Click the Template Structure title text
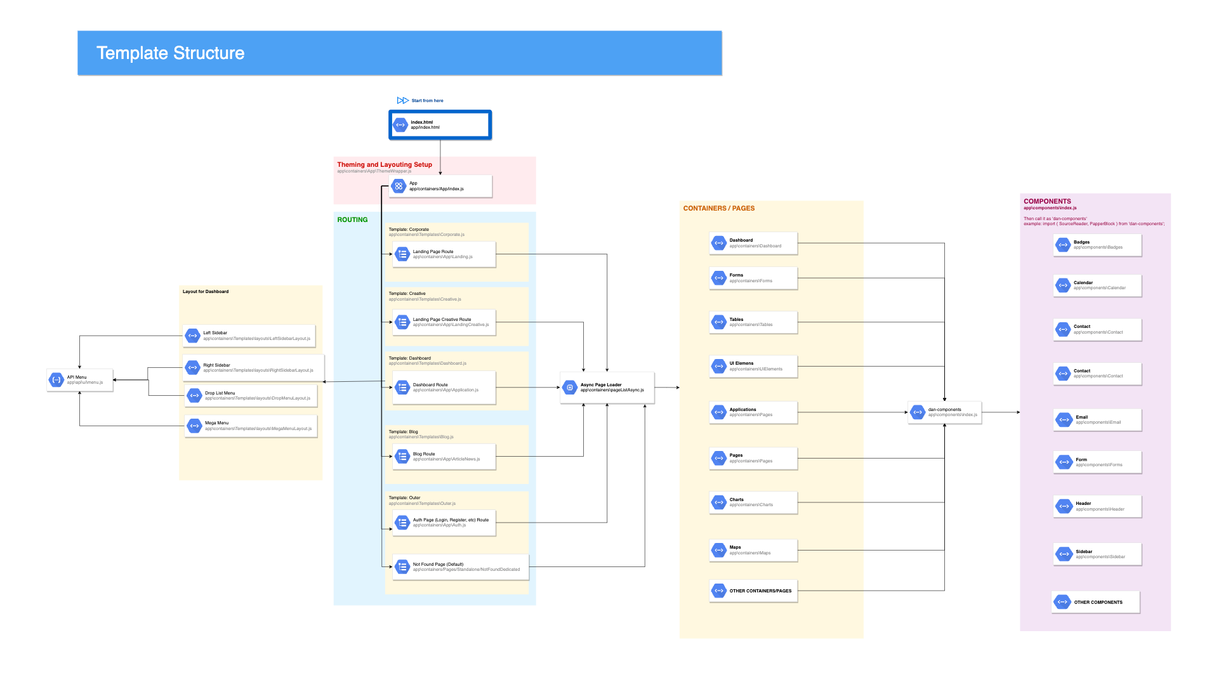pos(170,53)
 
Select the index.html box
pos(440,125)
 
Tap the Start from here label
pos(427,101)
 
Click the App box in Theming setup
pos(440,186)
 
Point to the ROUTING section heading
pos(352,220)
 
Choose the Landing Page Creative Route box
pos(444,322)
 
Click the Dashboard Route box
pos(444,388)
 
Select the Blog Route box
pos(444,457)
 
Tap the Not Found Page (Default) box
pos(460,567)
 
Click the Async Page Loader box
pos(607,388)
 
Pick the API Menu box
pos(80,380)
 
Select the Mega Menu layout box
pos(251,426)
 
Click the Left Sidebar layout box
pos(249,336)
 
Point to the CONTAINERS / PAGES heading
pos(718,209)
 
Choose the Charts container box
pos(753,502)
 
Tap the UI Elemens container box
pos(753,367)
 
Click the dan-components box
pos(944,412)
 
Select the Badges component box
pos(1097,245)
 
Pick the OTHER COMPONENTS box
pos(1095,602)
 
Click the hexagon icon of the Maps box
pos(719,550)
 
